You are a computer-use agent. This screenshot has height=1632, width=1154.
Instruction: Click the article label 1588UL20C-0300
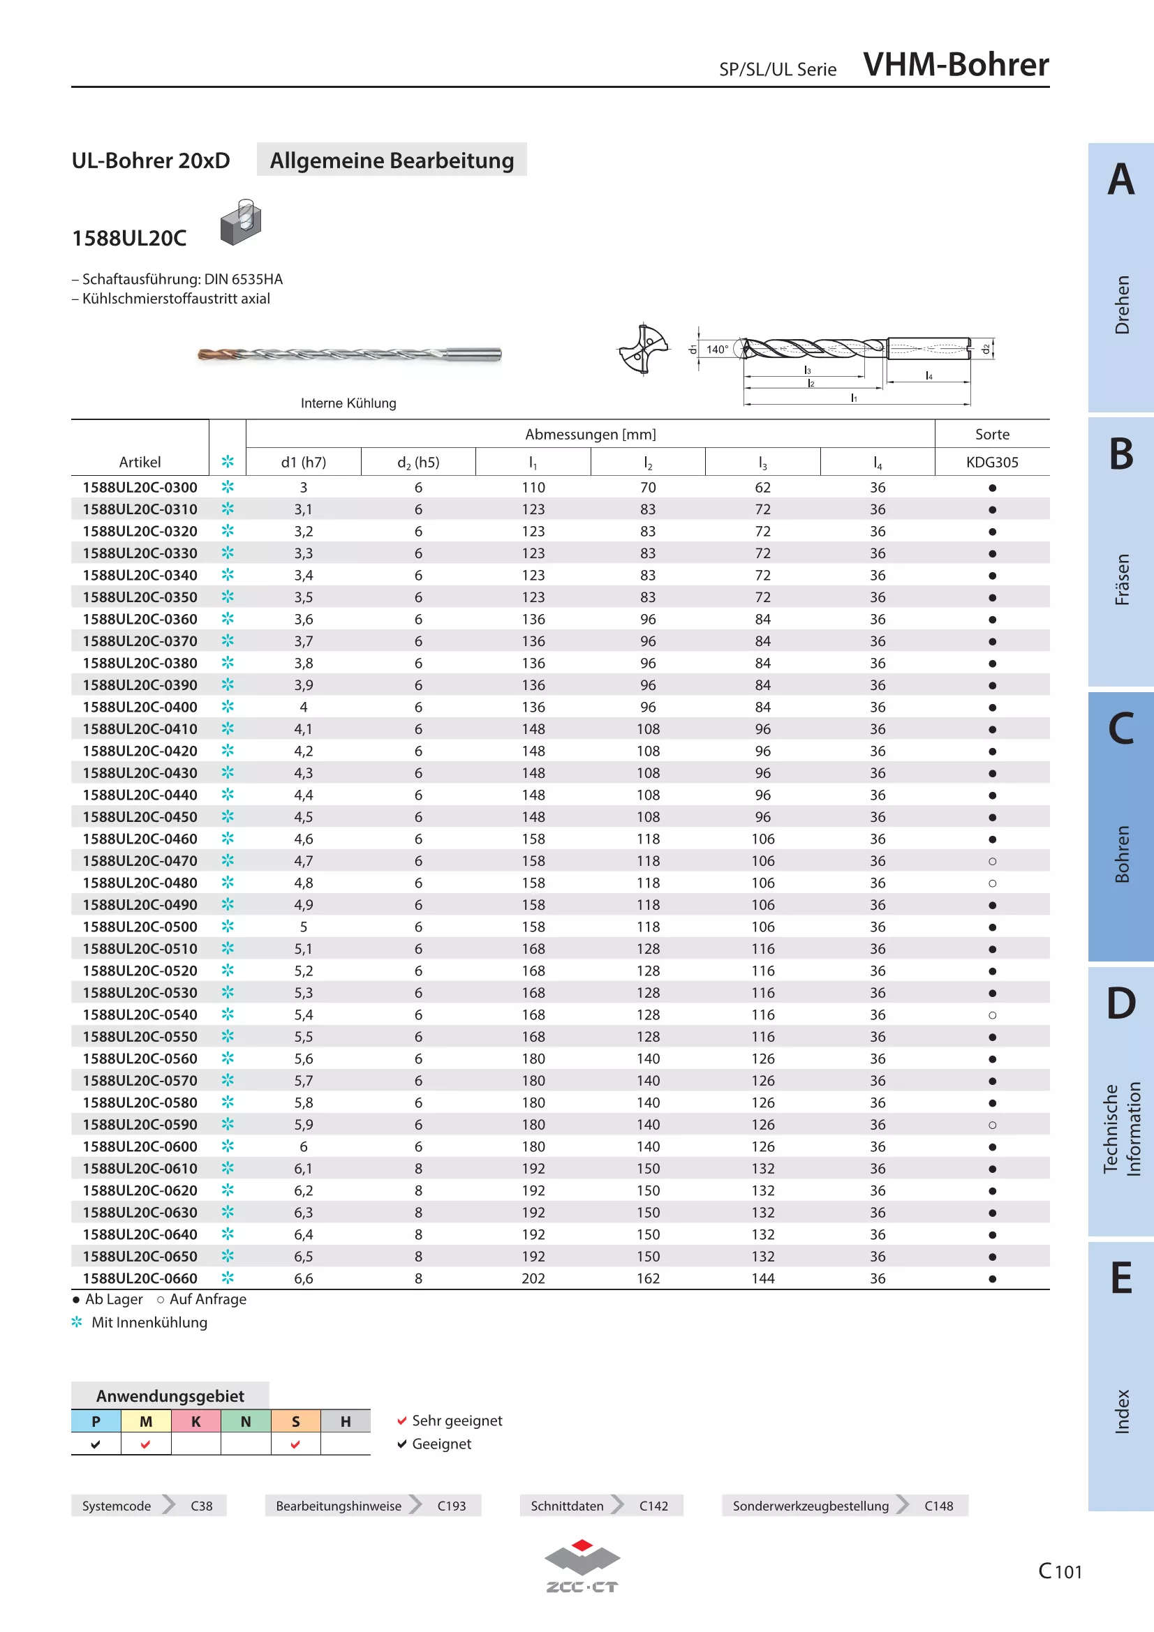coord(140,488)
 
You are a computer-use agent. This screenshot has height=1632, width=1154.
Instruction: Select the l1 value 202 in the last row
coord(533,1279)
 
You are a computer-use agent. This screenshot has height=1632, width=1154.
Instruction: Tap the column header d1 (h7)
coord(304,462)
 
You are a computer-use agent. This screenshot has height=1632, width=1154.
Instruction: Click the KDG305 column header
coord(992,462)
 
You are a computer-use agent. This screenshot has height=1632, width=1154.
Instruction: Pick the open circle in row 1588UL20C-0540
coord(993,1015)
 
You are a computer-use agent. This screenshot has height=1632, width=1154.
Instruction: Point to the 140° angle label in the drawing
coord(717,349)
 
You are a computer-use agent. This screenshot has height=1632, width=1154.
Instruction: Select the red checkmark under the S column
coord(295,1444)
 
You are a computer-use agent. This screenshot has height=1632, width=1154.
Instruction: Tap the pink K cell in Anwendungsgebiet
coord(196,1421)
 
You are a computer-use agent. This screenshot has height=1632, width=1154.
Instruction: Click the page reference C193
coord(452,1506)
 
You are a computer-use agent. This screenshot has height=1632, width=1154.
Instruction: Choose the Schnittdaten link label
coord(567,1506)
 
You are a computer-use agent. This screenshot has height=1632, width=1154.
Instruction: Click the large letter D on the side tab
coord(1121,1003)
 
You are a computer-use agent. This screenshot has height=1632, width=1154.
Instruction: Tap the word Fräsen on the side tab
coord(1122,579)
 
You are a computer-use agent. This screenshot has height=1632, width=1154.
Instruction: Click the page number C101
coord(1060,1571)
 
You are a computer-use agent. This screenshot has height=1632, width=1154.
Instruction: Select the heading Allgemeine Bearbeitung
coord(392,160)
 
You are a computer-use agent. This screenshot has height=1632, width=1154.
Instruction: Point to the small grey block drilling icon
coord(241,222)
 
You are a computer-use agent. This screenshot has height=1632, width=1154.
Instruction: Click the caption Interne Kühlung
coord(348,403)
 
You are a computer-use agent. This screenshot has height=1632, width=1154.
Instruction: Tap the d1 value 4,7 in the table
coord(304,861)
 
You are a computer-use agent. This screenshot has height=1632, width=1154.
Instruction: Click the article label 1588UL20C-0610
coord(140,1169)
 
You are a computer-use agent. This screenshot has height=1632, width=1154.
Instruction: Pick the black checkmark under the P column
coord(96,1444)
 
